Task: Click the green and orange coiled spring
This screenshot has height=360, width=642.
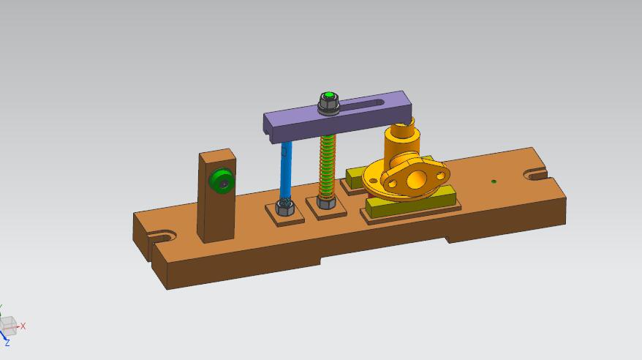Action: [x=328, y=167]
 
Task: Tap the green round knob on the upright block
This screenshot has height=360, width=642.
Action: [x=222, y=181]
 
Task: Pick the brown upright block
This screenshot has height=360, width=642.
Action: [x=216, y=195]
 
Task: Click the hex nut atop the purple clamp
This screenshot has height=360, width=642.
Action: [x=328, y=101]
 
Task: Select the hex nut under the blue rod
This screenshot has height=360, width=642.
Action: [x=284, y=206]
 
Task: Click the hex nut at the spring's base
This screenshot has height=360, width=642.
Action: [x=327, y=202]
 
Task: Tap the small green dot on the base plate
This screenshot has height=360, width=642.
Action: [x=494, y=181]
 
